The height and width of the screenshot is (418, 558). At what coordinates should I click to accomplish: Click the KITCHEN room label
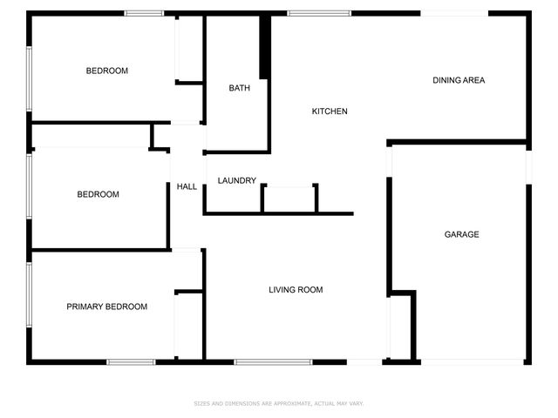pyautogui.click(x=330, y=111)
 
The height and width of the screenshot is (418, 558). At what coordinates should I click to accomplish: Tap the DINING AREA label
pyautogui.click(x=459, y=80)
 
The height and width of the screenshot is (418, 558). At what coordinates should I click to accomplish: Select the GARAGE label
pyautogui.click(x=461, y=234)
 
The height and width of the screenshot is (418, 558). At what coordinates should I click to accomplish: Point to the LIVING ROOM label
pyautogui.click(x=296, y=290)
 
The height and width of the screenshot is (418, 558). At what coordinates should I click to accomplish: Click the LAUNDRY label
pyautogui.click(x=237, y=181)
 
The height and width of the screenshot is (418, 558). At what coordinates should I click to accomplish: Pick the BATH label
pyautogui.click(x=239, y=88)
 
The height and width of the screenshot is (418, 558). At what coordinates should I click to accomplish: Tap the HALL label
pyautogui.click(x=187, y=187)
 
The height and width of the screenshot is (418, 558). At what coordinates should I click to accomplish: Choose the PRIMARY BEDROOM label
pyautogui.click(x=107, y=307)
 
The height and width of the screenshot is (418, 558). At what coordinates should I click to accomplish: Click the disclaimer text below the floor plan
pyautogui.click(x=278, y=403)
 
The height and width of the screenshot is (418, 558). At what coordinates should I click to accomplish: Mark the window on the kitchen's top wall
pyautogui.click(x=319, y=13)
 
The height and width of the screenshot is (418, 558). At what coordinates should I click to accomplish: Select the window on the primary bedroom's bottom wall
pyautogui.click(x=131, y=361)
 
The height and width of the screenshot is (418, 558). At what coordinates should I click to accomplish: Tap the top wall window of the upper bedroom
pyautogui.click(x=144, y=13)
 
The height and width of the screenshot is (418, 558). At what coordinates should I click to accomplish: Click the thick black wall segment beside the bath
pyautogui.click(x=265, y=48)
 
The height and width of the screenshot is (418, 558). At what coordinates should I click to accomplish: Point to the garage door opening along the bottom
pyautogui.click(x=472, y=361)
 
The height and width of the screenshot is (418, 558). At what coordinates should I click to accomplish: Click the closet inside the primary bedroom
pyautogui.click(x=188, y=324)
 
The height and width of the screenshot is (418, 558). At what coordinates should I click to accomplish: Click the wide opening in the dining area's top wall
pyautogui.click(x=454, y=13)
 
